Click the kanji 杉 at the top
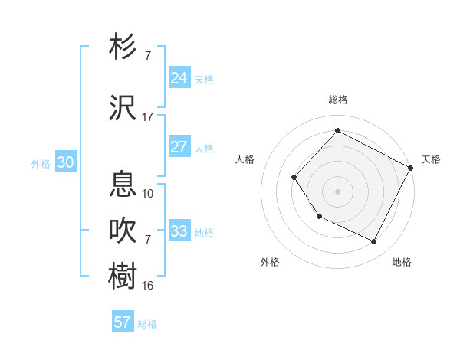(123, 47)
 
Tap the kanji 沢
(123, 108)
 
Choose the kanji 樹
(123, 276)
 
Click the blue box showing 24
(179, 77)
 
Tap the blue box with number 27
(179, 147)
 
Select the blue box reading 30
(65, 162)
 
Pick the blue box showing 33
(179, 231)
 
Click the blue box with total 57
(122, 322)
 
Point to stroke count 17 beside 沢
(148, 117)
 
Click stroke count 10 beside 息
(148, 193)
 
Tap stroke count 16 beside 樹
(148, 285)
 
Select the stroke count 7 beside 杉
(148, 56)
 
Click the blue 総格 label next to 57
(147, 324)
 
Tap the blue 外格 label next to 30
(41, 164)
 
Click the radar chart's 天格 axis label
(431, 159)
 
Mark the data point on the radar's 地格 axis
(374, 242)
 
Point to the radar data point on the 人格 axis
(294, 178)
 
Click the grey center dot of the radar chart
(337, 191)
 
